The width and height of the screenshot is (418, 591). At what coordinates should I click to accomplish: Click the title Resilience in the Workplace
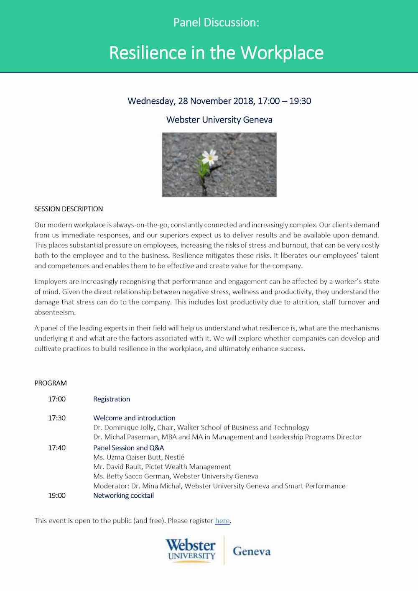pyautogui.click(x=216, y=53)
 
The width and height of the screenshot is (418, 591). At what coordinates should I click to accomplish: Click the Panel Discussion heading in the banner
pyautogui.click(x=216, y=23)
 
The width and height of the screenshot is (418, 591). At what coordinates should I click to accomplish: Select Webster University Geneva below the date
pyautogui.click(x=219, y=120)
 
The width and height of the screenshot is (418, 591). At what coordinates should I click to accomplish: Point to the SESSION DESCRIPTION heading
pyautogui.click(x=69, y=209)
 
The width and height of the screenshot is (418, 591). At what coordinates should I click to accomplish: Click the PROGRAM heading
pyautogui.click(x=51, y=383)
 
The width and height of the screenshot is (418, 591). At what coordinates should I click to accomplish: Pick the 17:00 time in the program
pyautogui.click(x=57, y=399)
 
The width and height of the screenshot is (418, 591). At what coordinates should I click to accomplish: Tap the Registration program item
pyautogui.click(x=112, y=399)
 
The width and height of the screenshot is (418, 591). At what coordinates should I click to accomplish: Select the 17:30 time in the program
pyautogui.click(x=57, y=418)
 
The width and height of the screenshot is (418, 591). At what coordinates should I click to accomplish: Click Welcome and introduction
pyautogui.click(x=134, y=418)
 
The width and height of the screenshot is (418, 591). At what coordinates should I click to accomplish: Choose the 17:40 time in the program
pyautogui.click(x=57, y=448)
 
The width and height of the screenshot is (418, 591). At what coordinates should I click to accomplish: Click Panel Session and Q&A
pyautogui.click(x=129, y=448)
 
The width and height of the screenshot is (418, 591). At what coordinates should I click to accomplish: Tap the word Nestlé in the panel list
pyautogui.click(x=175, y=457)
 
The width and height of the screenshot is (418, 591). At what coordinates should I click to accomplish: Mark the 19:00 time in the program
pyautogui.click(x=57, y=496)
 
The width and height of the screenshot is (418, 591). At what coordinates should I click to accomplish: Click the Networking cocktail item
pyautogui.click(x=123, y=496)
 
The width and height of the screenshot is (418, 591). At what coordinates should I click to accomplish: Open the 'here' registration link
pyautogui.click(x=222, y=521)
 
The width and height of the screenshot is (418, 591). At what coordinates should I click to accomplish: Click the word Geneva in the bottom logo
pyautogui.click(x=252, y=551)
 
